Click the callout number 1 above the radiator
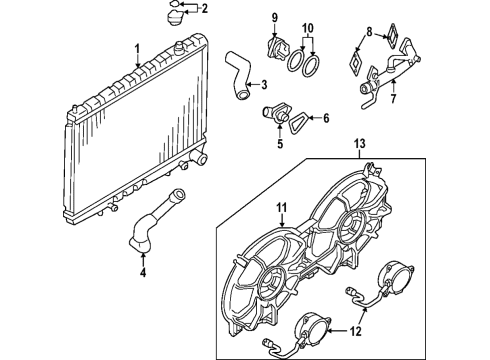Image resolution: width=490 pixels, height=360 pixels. pos(136,47)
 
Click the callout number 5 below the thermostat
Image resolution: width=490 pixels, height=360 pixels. pos(266,142)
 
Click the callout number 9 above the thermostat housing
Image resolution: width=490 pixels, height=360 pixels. pos(272,15)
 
